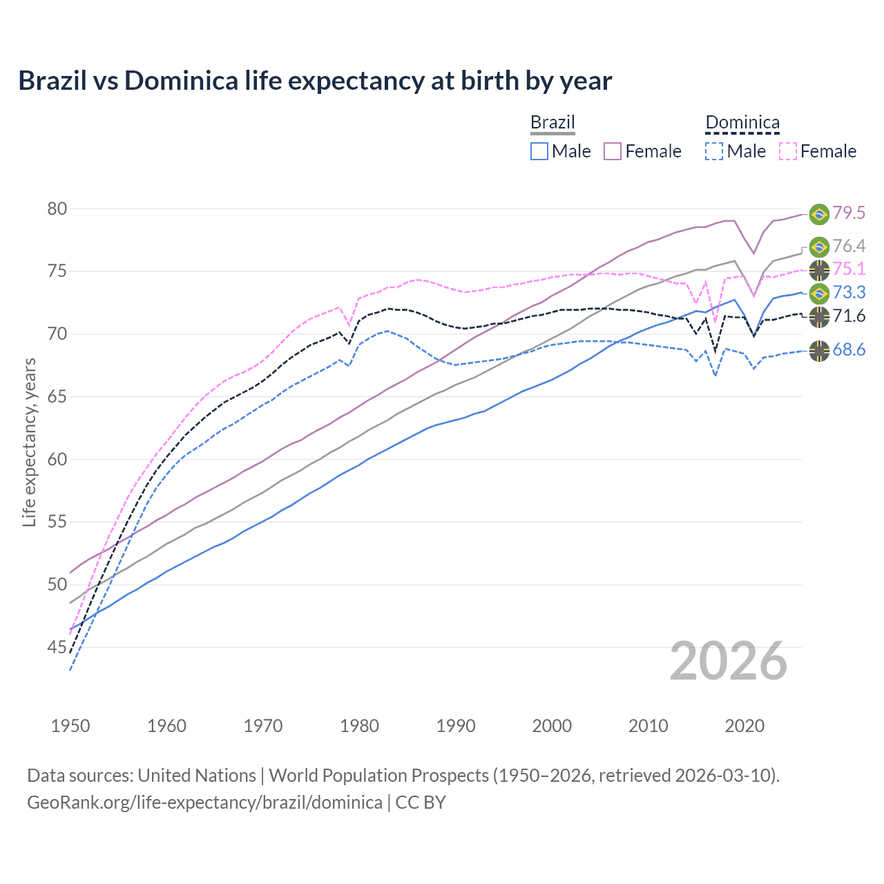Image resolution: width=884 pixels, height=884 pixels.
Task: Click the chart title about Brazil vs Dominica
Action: (x=315, y=81)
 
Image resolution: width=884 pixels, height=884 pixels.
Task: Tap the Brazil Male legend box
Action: (x=539, y=151)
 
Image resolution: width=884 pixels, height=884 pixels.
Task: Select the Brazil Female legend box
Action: (x=613, y=151)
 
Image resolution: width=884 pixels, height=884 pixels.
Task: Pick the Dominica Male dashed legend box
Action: (x=714, y=151)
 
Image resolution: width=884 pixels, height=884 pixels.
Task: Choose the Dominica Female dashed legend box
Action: (x=788, y=151)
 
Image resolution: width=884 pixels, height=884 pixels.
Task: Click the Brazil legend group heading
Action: (x=552, y=123)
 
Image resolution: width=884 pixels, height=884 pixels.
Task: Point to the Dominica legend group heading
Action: (x=742, y=123)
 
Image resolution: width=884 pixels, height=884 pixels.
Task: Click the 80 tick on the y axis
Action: (x=57, y=209)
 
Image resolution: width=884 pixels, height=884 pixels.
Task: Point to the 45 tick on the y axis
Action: (x=57, y=647)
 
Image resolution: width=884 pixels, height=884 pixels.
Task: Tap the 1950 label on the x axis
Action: (x=70, y=726)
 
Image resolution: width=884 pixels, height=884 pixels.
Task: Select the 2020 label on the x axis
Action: (x=744, y=726)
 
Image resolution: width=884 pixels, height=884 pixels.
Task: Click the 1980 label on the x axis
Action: (x=359, y=726)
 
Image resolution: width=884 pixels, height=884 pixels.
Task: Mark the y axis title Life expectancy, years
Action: (x=29, y=442)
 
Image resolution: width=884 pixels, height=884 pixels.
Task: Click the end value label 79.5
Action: (x=849, y=213)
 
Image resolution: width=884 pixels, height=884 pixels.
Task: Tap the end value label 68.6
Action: (x=849, y=350)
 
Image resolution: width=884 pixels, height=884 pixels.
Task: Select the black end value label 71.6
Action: (x=849, y=316)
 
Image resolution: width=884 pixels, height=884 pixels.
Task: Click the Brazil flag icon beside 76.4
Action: (x=819, y=247)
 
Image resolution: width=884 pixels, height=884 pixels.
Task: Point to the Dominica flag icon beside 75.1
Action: (x=819, y=269)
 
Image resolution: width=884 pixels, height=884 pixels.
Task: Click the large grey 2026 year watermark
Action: (x=729, y=661)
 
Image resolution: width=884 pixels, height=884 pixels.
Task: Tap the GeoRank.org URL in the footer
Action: (x=204, y=803)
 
